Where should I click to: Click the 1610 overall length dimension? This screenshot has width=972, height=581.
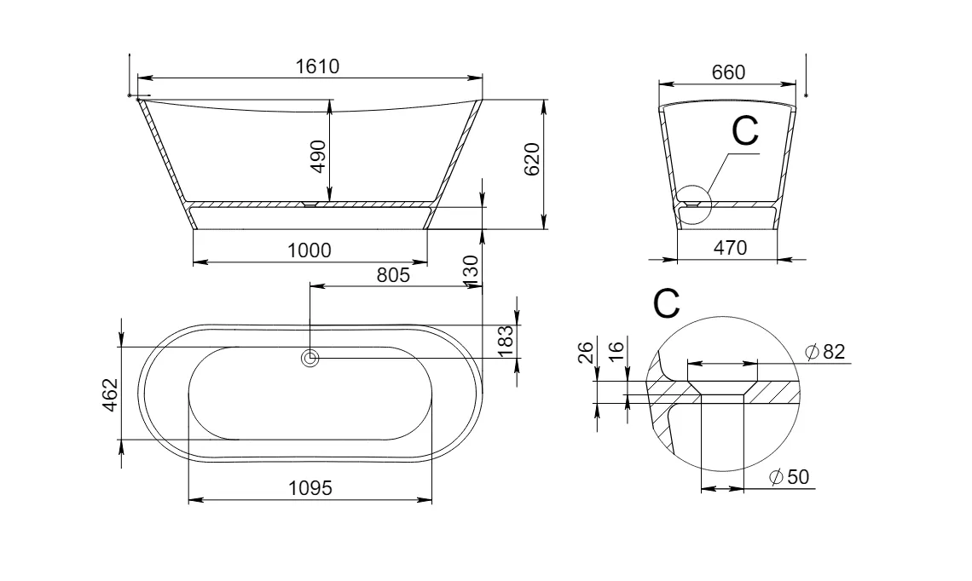[317, 66]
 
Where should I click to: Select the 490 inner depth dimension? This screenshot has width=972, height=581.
[318, 157]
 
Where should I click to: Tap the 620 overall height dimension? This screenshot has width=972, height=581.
[532, 159]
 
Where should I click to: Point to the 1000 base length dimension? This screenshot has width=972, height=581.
[310, 250]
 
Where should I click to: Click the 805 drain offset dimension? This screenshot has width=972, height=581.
[394, 274]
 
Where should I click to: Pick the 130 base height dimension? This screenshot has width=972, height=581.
[471, 271]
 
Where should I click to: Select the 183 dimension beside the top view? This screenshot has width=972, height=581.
[506, 342]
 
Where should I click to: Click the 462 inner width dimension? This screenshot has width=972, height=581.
[109, 394]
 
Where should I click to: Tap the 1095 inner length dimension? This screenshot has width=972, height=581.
[310, 488]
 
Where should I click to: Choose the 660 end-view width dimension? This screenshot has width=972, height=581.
[728, 72]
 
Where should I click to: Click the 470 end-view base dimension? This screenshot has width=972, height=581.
[730, 248]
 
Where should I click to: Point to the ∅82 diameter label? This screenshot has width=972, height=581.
[825, 352]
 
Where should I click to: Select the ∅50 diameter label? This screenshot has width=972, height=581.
[789, 477]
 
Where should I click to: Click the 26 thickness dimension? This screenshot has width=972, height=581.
[587, 352]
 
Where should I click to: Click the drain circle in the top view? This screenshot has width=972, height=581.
[310, 358]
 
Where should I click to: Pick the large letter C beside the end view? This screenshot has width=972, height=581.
[744, 130]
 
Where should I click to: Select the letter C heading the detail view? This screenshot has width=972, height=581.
[667, 303]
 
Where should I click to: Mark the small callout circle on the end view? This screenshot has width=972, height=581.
[693, 205]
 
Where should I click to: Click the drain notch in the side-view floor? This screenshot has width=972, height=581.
[310, 203]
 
